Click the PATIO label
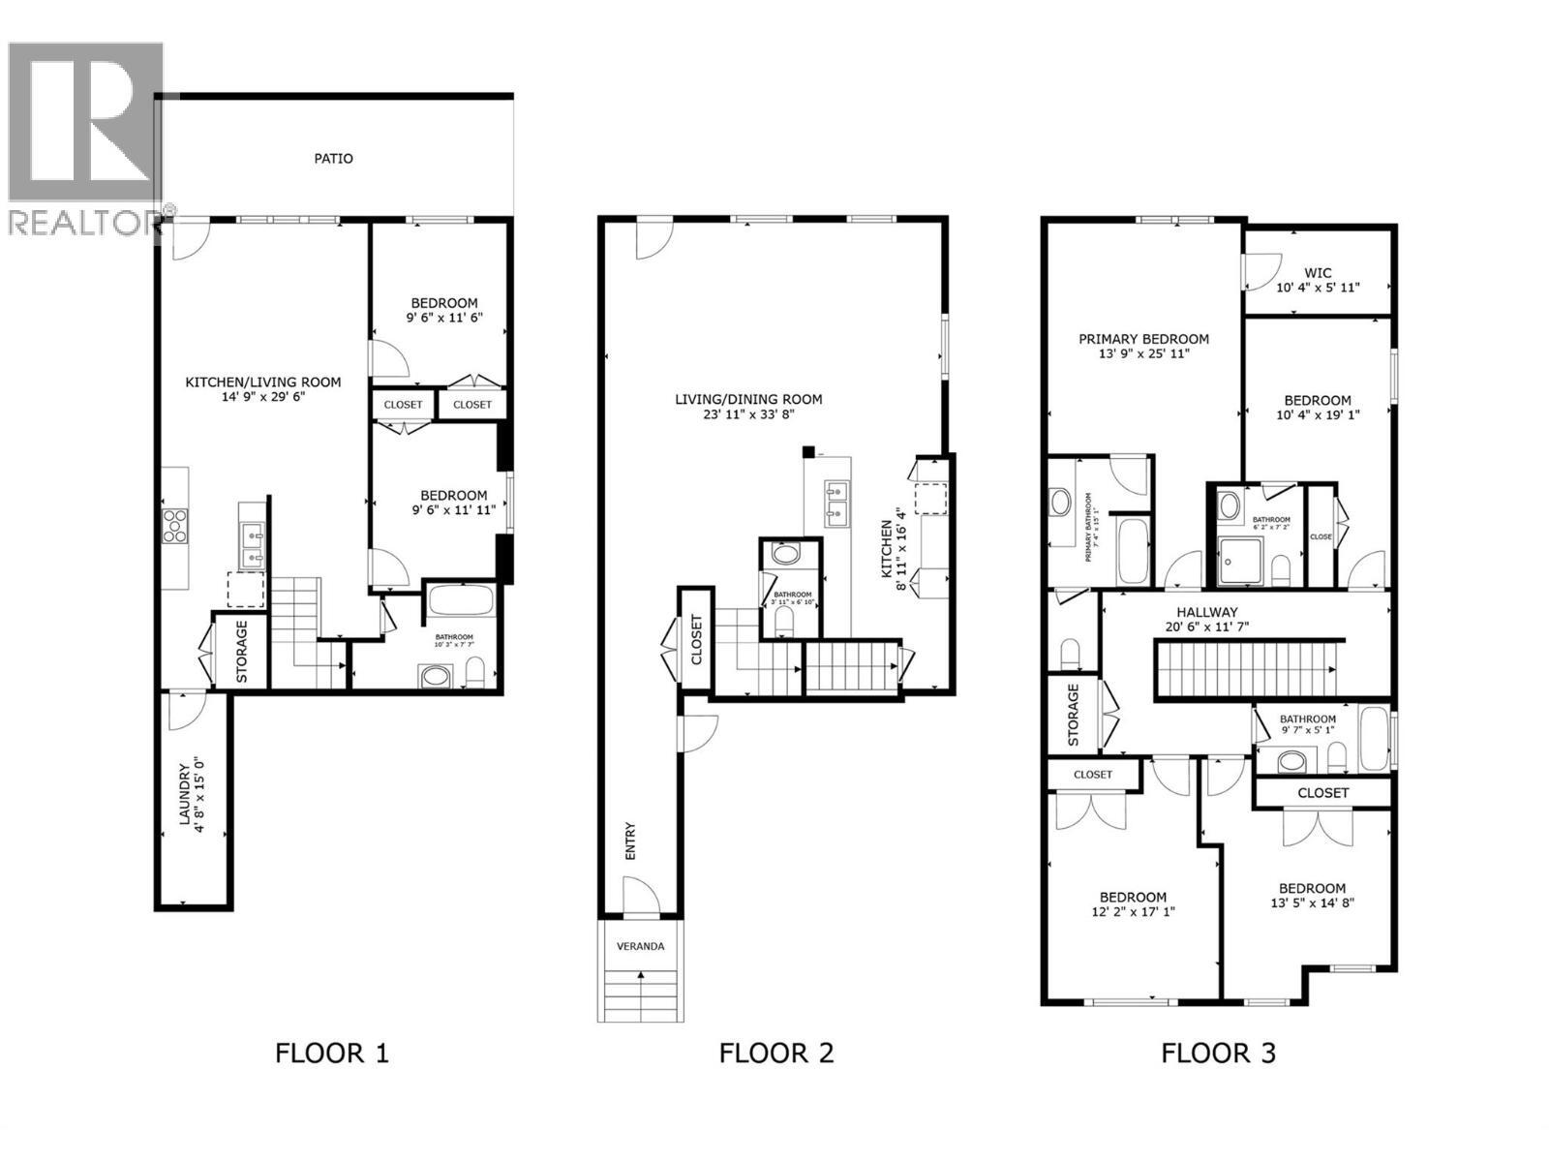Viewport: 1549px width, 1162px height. tap(333, 158)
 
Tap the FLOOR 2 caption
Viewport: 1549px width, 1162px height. tap(775, 1053)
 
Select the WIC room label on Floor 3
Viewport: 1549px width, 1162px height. tap(1318, 273)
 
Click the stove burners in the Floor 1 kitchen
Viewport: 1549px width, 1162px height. tap(174, 525)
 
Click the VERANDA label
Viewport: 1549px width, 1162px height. tap(641, 946)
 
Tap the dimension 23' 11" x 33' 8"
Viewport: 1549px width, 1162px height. tap(748, 414)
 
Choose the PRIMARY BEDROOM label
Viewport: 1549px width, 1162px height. tap(1143, 339)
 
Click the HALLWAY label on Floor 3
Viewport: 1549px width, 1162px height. tap(1206, 612)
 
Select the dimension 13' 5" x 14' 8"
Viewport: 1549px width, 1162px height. tap(1312, 903)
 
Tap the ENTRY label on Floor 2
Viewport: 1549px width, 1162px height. tap(631, 841)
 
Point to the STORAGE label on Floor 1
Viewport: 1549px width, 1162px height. tap(242, 652)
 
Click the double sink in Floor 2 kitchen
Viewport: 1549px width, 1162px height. tap(836, 503)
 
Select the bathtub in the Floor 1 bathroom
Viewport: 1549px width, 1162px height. tap(461, 600)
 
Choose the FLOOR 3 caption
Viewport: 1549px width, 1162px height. tap(1218, 1053)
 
